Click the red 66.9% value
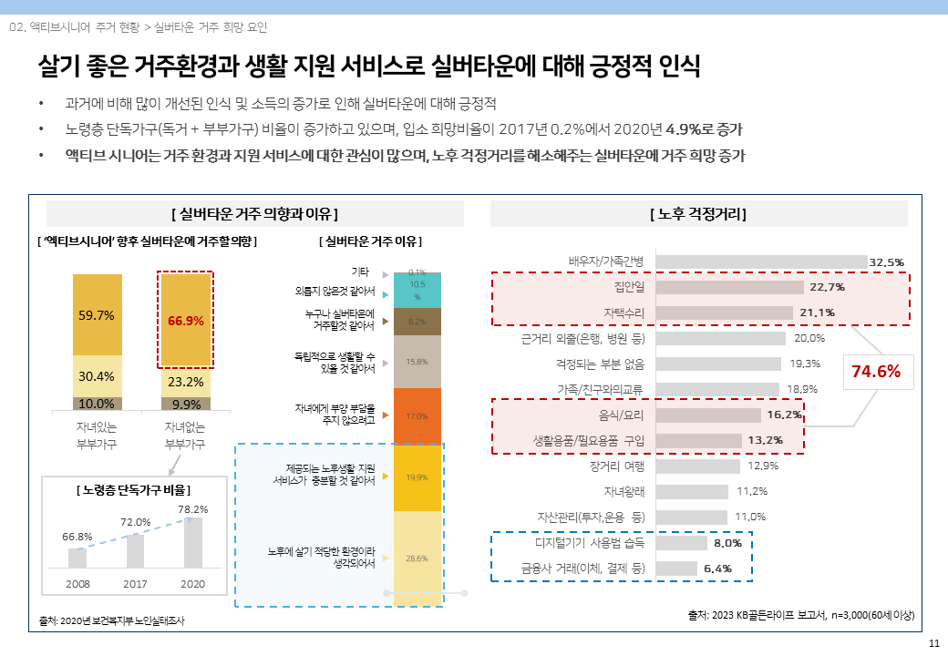(186, 321)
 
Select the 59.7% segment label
(97, 315)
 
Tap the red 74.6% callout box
(876, 372)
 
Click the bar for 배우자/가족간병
(761, 261)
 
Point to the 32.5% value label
(887, 262)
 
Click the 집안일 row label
(629, 287)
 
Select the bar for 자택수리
(724, 313)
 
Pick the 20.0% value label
(809, 338)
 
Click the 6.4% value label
(718, 569)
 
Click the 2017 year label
(135, 581)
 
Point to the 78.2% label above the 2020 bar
(192, 509)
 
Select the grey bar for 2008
(77, 558)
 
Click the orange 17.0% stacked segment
(417, 416)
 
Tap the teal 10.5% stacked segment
(417, 291)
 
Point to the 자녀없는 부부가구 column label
(185, 435)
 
